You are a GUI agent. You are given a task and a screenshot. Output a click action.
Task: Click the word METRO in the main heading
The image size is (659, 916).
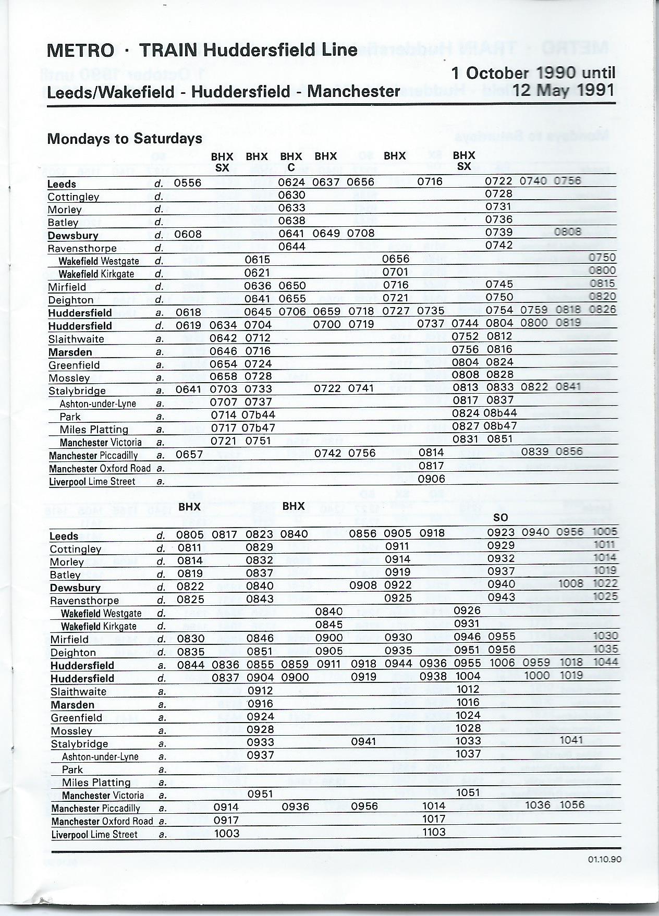tap(80, 51)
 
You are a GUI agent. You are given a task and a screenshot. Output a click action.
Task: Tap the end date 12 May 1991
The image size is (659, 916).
tap(564, 90)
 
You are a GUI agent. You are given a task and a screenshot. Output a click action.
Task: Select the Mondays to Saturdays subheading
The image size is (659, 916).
tap(124, 139)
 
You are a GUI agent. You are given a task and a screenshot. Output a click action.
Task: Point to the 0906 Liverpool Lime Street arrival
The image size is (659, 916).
tap(432, 479)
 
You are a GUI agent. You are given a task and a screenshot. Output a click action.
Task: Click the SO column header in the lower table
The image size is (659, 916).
tap(501, 518)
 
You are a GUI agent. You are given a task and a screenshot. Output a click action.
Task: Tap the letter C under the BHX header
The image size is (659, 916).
tap(291, 167)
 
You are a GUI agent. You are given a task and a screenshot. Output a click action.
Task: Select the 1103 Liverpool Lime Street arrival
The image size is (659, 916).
tap(434, 832)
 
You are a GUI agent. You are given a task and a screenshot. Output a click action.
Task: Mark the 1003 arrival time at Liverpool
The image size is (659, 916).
tap(227, 833)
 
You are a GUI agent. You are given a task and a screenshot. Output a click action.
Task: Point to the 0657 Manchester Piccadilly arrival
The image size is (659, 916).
tap(189, 454)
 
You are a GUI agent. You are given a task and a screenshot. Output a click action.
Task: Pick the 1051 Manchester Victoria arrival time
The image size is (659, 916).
tap(468, 792)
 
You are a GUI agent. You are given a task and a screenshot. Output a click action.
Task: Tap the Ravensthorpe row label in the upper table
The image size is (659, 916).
tap(82, 248)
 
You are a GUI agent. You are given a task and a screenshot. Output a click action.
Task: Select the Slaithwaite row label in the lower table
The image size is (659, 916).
tap(78, 692)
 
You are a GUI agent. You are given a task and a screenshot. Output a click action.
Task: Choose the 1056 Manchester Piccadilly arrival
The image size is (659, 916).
tap(571, 804)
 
